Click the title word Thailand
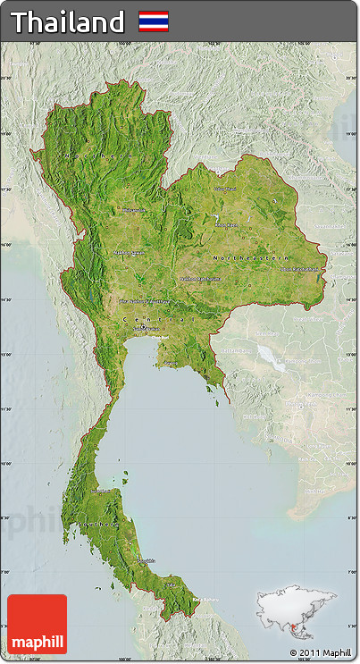click(68, 21)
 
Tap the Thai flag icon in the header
click(153, 21)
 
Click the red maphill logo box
click(37, 624)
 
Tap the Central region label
click(156, 318)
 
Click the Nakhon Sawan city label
click(130, 253)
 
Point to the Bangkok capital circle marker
click(143, 328)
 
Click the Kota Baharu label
click(205, 600)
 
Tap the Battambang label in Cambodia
click(237, 350)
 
